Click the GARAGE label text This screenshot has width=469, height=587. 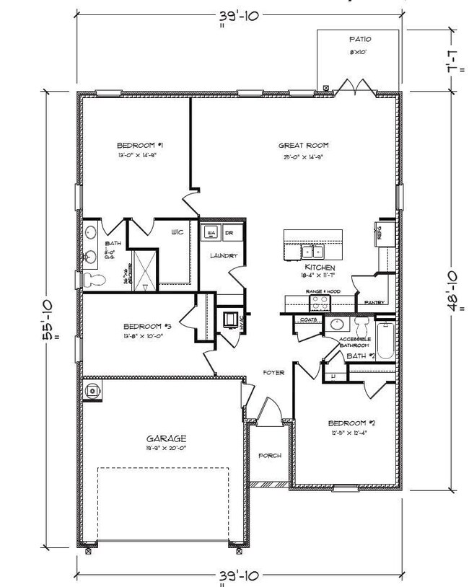click(167, 438)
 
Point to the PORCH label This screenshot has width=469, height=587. click(271, 456)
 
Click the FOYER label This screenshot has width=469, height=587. click(273, 373)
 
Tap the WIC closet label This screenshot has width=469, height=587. click(176, 233)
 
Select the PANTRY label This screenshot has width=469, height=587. click(374, 302)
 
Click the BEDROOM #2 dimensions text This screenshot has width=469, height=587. click(349, 433)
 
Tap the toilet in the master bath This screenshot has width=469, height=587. click(92, 279)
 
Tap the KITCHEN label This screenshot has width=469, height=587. click(320, 268)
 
